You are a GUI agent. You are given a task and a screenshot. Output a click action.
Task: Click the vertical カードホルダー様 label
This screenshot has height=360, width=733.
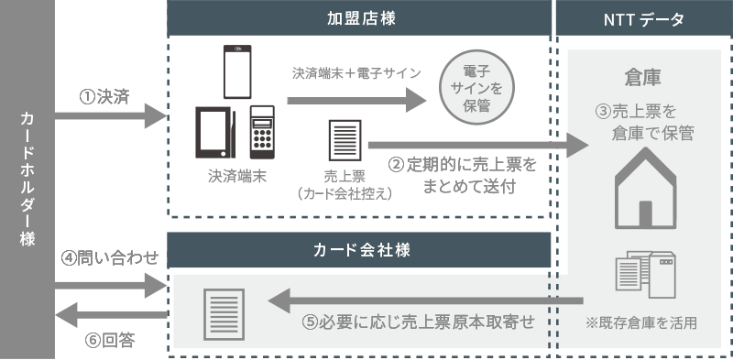pos(27,180)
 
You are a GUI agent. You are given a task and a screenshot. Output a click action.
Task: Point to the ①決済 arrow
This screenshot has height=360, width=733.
pos(110,116)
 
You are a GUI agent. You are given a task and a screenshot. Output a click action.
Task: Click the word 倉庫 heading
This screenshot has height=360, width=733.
pos(645,75)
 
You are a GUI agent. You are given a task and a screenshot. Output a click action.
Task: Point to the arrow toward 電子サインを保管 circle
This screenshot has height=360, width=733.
pos(357,98)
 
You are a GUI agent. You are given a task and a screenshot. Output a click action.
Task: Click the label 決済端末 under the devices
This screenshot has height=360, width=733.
pos(235,177)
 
